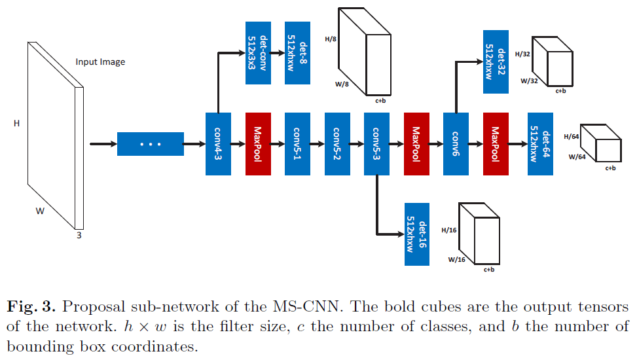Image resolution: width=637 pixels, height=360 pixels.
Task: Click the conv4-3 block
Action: tap(218, 143)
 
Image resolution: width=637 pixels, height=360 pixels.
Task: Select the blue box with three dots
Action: tap(151, 144)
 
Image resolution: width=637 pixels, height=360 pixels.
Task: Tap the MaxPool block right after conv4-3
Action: tap(258, 143)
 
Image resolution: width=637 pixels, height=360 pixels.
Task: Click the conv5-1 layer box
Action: tap(297, 143)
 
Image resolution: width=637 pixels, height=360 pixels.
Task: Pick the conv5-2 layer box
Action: tap(337, 143)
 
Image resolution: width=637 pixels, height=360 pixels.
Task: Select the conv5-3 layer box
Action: tap(376, 143)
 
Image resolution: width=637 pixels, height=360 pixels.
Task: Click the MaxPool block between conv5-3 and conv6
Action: tap(416, 143)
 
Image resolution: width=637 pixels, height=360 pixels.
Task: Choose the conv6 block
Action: tap(456, 143)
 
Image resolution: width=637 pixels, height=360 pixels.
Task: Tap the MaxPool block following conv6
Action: tap(496, 143)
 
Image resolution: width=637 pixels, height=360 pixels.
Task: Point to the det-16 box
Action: tap(417, 233)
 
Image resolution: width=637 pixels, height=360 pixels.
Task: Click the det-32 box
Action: tap(496, 62)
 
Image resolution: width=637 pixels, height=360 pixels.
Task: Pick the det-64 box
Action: tap(540, 143)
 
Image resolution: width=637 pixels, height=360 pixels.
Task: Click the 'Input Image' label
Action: tap(100, 62)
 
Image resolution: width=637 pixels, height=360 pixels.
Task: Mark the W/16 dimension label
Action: tap(456, 259)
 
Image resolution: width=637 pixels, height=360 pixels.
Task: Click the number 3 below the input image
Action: tap(79, 236)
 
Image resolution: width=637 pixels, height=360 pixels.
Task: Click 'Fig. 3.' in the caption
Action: tap(30, 308)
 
